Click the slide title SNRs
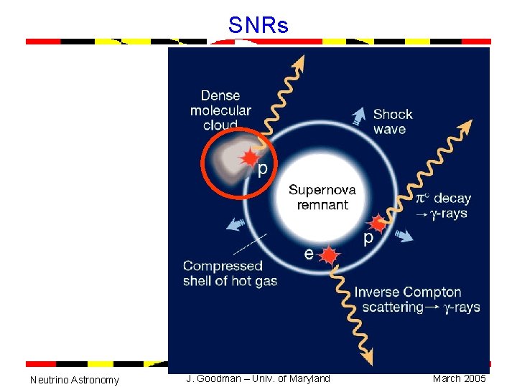point(258,27)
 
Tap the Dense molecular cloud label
point(220,110)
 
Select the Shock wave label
point(393,122)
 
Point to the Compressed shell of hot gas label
point(230,273)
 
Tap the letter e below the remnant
point(308,253)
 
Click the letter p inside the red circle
point(263,168)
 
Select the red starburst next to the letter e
point(329,254)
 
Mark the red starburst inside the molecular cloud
point(249,158)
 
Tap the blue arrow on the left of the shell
point(234,224)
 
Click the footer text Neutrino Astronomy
point(75,379)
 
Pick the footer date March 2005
point(459,378)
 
